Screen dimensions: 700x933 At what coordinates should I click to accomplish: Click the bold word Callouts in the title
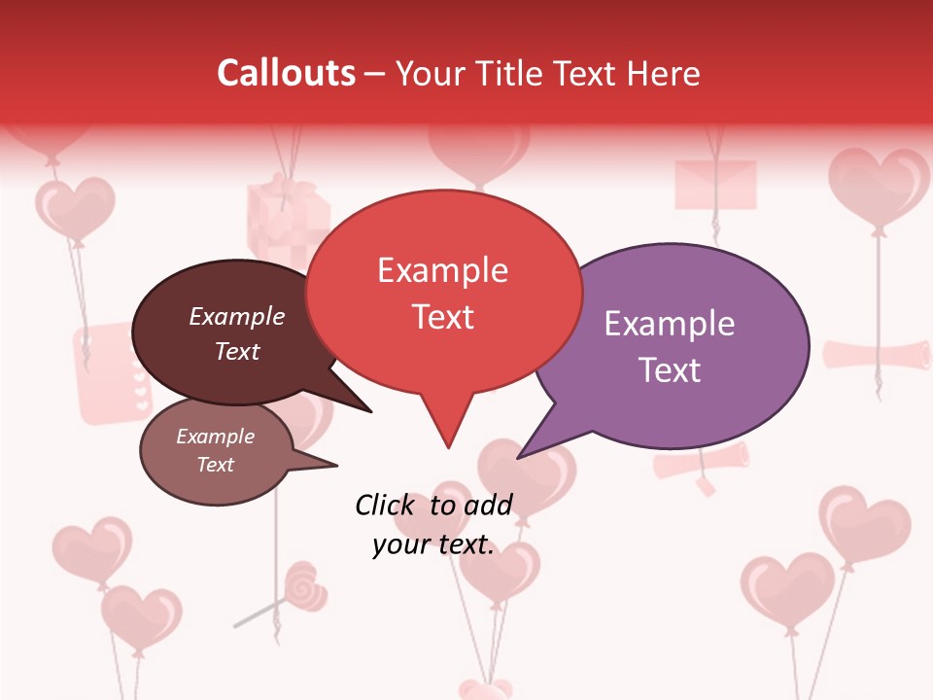pos(286,73)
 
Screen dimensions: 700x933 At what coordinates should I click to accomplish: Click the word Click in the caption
pos(388,506)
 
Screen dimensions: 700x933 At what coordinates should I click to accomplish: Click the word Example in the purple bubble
pos(670,324)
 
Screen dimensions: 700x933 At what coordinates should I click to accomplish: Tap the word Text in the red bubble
pos(443,318)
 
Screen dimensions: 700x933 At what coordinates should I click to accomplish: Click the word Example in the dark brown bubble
pos(236,317)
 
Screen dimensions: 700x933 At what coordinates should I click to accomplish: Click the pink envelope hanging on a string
pos(715,184)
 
